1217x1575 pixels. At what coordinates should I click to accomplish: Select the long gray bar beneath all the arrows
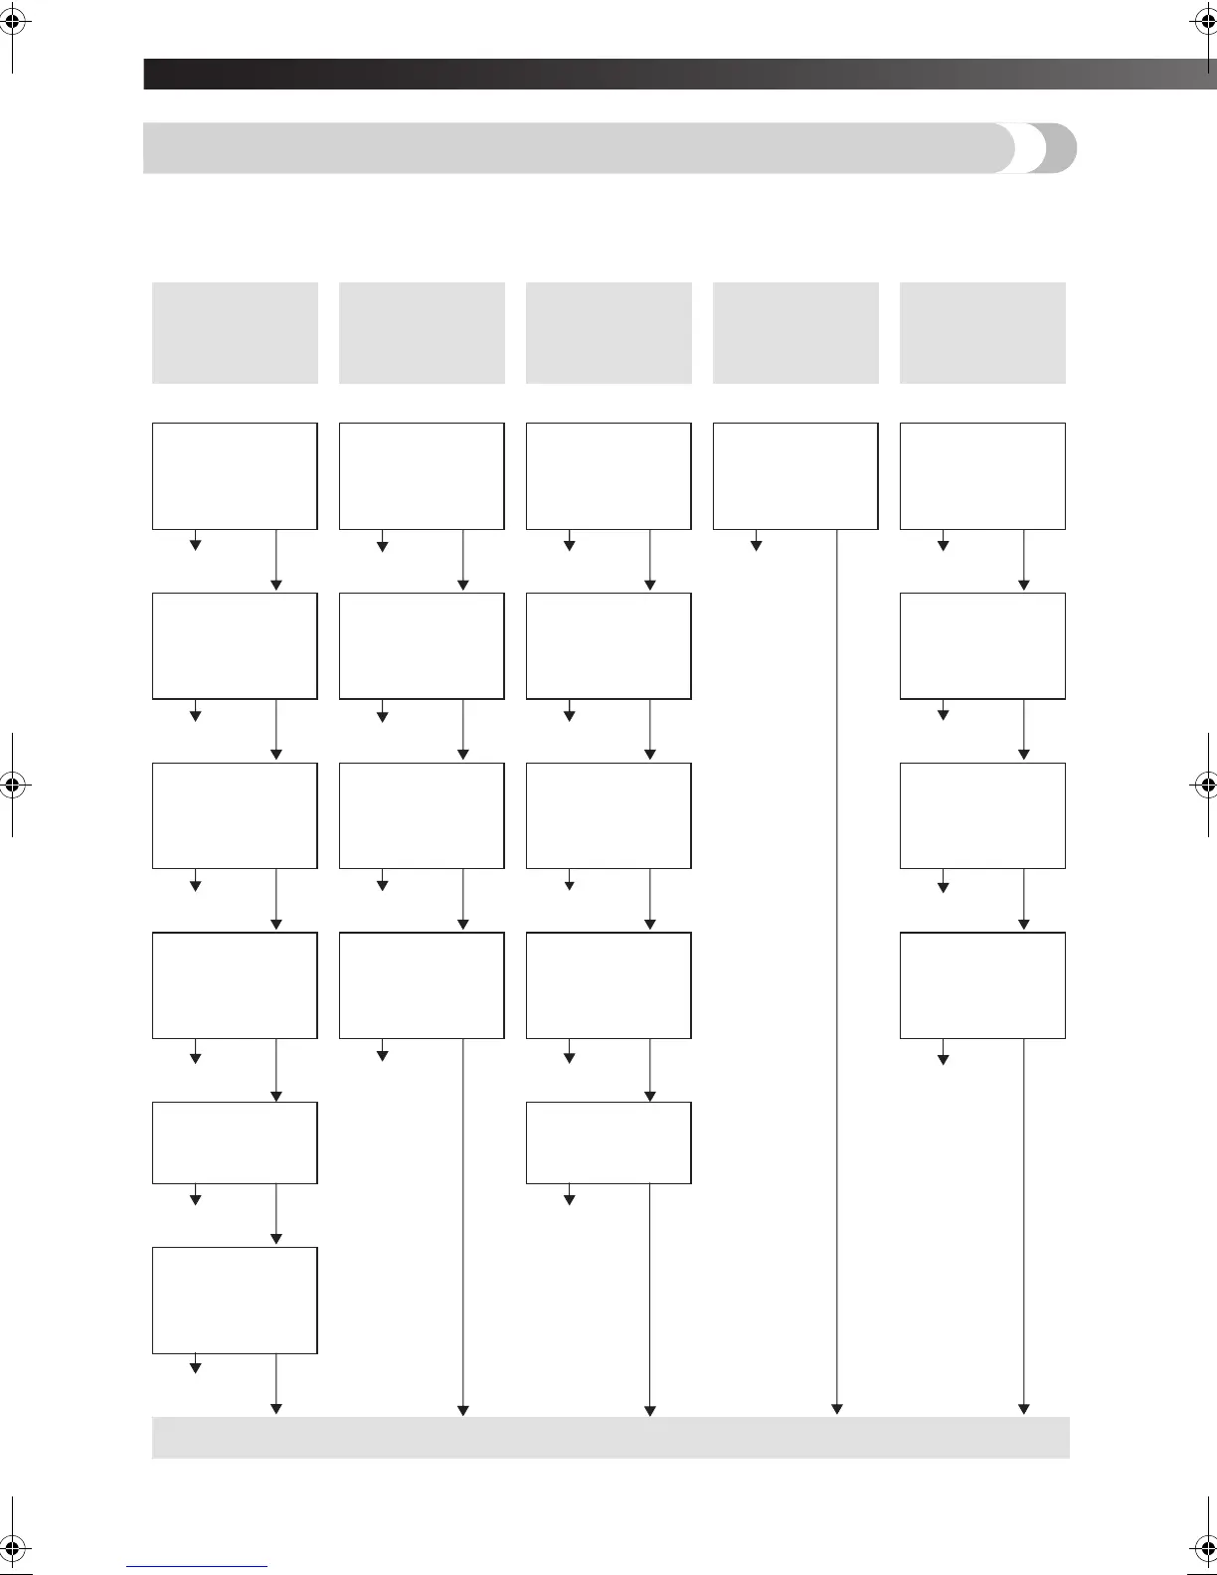(610, 1437)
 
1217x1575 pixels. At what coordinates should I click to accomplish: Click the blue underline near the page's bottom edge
(197, 1566)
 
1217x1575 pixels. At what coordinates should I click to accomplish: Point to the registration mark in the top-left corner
(12, 21)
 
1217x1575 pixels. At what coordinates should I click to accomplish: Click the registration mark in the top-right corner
(1204, 21)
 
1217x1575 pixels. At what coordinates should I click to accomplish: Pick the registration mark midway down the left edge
(12, 784)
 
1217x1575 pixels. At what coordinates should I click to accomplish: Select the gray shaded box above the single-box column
(795, 332)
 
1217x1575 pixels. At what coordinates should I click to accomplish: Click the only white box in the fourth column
(795, 475)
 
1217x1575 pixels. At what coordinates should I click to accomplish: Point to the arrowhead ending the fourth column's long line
(837, 1408)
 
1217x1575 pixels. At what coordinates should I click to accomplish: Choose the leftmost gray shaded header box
(235, 332)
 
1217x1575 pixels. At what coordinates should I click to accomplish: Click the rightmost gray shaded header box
(982, 332)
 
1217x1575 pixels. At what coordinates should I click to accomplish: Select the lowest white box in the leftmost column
(235, 1300)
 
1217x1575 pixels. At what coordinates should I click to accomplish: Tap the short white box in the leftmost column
(235, 1142)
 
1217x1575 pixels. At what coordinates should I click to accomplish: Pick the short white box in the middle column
(608, 1142)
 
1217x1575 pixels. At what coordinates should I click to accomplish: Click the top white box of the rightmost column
(982, 475)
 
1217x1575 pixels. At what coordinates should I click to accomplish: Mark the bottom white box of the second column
(422, 985)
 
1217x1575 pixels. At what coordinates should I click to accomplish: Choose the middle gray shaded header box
(608, 332)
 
